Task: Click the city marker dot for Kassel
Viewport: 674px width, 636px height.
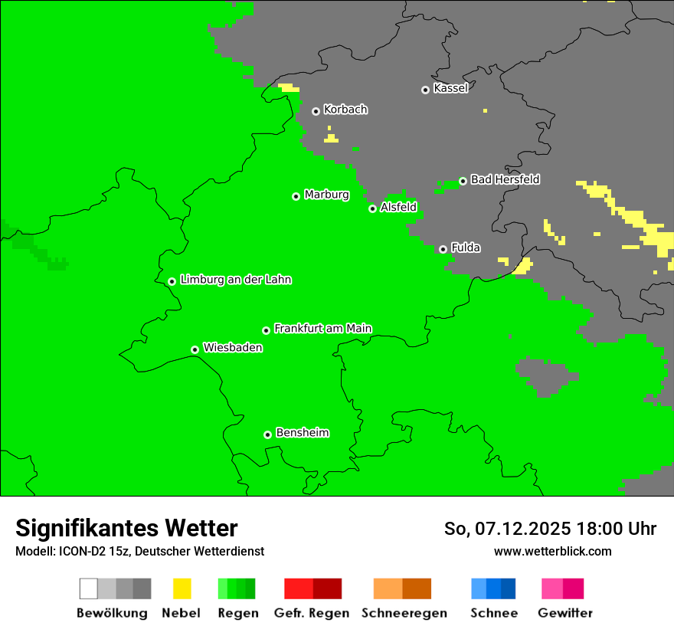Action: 425,90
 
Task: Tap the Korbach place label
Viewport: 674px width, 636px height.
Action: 345,110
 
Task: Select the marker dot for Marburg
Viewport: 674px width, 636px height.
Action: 296,196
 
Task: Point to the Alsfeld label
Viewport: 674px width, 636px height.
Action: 398,207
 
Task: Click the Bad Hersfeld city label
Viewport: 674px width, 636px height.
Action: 505,179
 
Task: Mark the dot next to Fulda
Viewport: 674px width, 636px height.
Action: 443,249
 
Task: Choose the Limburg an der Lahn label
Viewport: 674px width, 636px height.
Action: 235,280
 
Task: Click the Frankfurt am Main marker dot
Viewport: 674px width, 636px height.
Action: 266,330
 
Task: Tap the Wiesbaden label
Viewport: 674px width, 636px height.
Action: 233,348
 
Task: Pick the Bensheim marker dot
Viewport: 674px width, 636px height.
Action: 267,434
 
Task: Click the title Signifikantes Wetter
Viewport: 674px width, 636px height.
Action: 126,529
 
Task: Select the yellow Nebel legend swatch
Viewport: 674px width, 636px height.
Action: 182,588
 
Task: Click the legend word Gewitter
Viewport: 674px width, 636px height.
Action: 564,613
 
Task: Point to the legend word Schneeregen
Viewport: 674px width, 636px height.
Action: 404,613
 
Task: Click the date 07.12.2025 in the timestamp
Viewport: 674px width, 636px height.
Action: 523,529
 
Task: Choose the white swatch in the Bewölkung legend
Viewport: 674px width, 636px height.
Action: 89,588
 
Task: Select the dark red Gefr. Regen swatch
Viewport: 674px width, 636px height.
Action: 327,588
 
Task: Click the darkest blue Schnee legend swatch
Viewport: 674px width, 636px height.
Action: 509,588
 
